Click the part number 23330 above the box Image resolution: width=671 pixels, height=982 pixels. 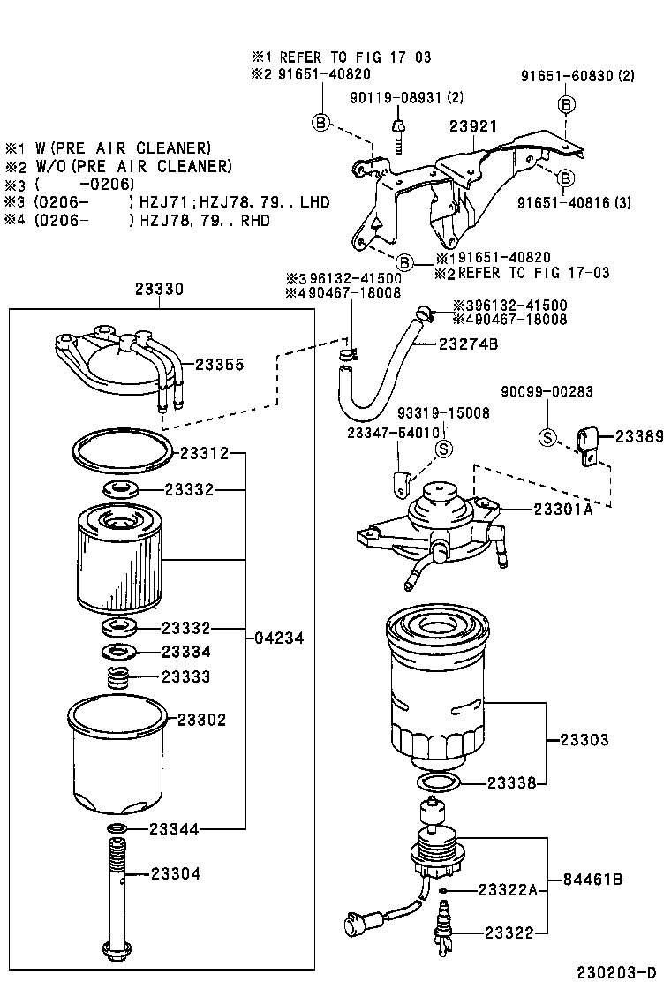point(159,289)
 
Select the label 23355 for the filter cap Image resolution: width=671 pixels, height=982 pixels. point(218,364)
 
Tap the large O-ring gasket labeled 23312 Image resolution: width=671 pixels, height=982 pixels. point(122,452)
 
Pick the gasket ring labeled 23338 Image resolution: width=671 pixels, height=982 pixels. point(437,782)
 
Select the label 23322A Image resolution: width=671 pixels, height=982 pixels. point(508,889)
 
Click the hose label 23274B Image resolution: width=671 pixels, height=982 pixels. point(468,344)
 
